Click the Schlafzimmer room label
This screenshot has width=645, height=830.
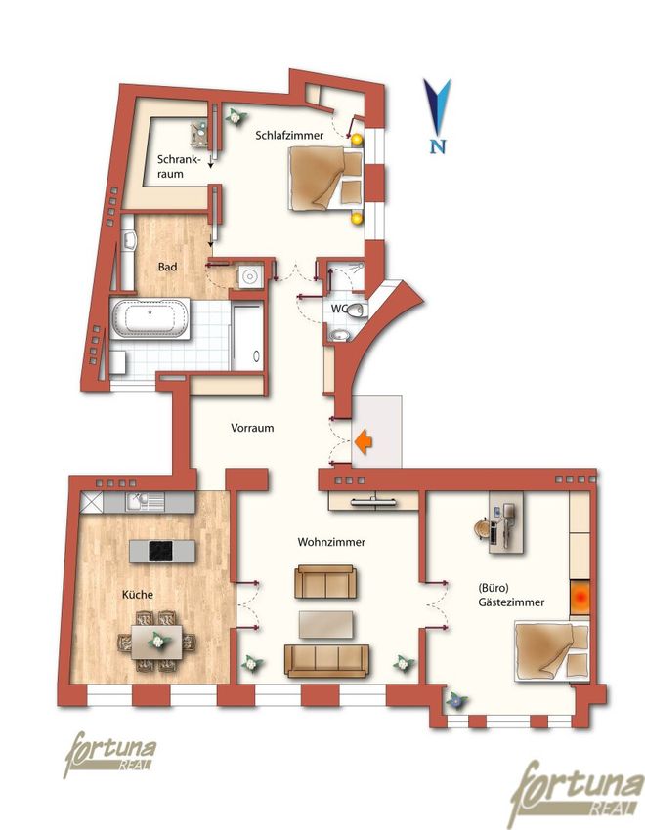[x=289, y=136]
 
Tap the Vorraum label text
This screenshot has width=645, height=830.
[x=252, y=428]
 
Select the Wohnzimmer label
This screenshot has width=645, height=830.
[x=331, y=542]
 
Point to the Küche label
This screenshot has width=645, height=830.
[x=138, y=595]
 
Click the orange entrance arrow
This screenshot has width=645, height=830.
[x=364, y=441]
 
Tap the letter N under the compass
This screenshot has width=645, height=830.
[x=438, y=145]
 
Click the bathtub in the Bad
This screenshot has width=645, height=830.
[x=150, y=318]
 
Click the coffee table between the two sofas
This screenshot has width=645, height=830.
[x=326, y=625]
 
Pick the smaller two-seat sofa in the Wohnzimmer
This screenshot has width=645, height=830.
[x=325, y=581]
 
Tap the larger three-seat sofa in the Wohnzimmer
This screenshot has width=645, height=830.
[x=326, y=661]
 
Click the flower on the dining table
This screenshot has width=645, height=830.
[x=157, y=641]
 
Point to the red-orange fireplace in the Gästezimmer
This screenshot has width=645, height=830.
[x=580, y=598]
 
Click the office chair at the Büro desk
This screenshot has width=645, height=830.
[x=482, y=529]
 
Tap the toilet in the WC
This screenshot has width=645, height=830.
[x=359, y=310]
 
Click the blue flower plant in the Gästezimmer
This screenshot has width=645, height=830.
[x=456, y=702]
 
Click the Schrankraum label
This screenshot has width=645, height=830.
[x=179, y=166]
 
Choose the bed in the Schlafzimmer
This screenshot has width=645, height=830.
[x=325, y=179]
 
